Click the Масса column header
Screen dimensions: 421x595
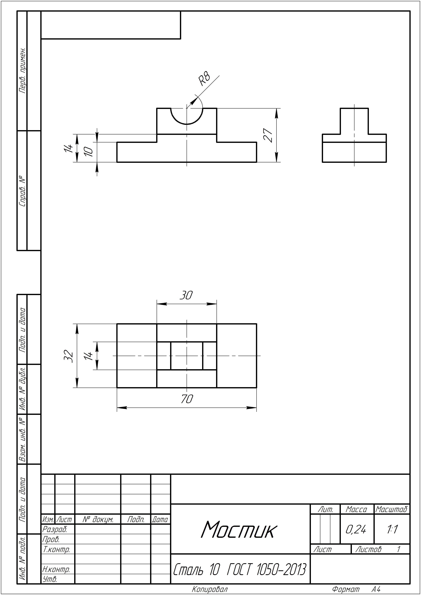point(356,509)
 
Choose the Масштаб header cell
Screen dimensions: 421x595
point(392,509)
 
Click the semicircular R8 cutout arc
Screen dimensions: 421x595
point(187,124)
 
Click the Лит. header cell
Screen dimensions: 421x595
point(325,509)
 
